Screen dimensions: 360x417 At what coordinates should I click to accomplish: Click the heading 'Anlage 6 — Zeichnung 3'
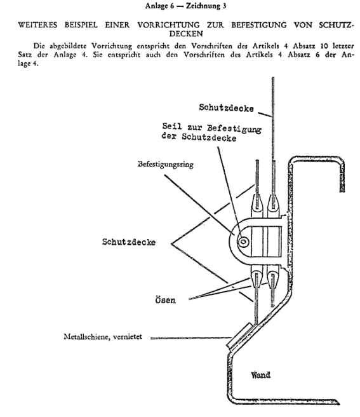tap(185, 6)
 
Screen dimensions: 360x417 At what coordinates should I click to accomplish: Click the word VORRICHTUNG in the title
tap(168, 25)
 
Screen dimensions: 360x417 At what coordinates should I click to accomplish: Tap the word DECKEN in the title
tap(186, 34)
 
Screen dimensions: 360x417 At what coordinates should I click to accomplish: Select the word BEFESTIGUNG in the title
tap(259, 25)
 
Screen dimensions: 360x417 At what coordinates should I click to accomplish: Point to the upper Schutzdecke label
tap(227, 107)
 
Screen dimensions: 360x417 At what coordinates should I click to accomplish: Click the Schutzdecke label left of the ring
tap(129, 242)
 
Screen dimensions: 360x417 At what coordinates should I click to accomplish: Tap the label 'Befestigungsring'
tap(166, 164)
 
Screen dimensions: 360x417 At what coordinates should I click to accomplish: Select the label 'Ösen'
tap(165, 300)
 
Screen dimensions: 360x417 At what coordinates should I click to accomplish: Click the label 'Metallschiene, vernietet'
tap(103, 337)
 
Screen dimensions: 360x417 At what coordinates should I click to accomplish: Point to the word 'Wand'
tap(260, 375)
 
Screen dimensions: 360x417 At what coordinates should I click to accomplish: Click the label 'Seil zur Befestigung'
tap(212, 128)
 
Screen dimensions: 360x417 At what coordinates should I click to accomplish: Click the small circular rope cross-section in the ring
tap(243, 242)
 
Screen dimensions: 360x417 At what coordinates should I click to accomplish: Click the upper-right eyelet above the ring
tap(273, 204)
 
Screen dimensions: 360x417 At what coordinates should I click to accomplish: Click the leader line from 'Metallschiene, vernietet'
tap(190, 338)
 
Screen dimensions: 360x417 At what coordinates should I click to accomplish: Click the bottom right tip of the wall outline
tap(339, 404)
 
